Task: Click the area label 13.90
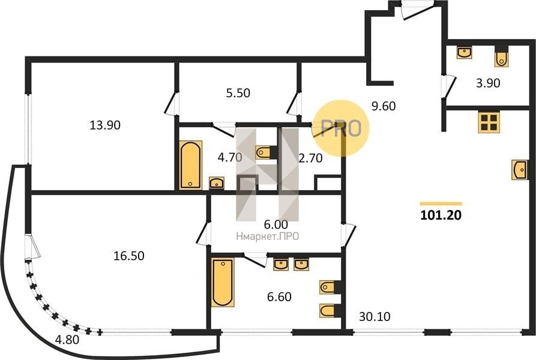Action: coord(105,125)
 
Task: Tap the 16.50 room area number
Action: coord(129,256)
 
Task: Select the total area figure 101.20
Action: coord(441,215)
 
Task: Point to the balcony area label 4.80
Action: coord(67,340)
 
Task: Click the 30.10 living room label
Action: coord(375,317)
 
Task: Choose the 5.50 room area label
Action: coord(238,93)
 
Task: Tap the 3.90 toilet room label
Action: coord(488,83)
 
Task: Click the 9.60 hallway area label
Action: coord(384,106)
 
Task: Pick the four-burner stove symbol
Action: coord(489,122)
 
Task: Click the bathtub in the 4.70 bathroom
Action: coord(190,164)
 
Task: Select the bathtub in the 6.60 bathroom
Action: coord(223,283)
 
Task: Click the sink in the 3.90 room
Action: coord(465,53)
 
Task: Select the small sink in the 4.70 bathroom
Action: coord(217,183)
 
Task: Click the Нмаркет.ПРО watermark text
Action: coord(268,236)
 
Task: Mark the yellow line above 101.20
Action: coord(441,203)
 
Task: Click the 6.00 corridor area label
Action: coord(276,225)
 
